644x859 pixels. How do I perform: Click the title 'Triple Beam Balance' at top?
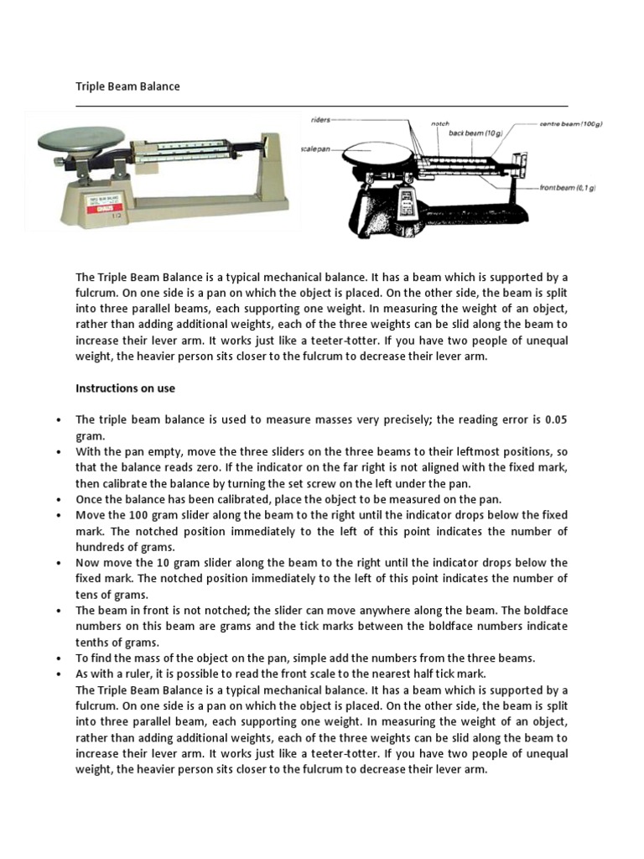pos(127,86)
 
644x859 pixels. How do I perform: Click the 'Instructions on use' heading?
pos(125,388)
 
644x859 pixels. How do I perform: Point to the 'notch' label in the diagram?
pos(440,123)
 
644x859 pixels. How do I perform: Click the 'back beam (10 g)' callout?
pos(475,133)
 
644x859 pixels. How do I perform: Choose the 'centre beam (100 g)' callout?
pos(570,123)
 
